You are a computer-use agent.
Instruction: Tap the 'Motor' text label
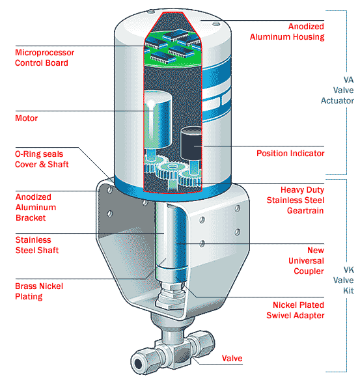pos(26,118)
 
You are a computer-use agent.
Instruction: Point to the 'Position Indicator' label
pos(290,154)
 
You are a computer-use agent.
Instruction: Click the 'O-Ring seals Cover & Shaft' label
pos(42,159)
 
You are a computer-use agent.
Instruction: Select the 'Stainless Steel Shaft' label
pos(36,245)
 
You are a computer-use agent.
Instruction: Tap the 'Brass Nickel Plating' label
pos(39,291)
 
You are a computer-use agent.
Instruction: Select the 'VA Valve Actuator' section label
pos(337,90)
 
